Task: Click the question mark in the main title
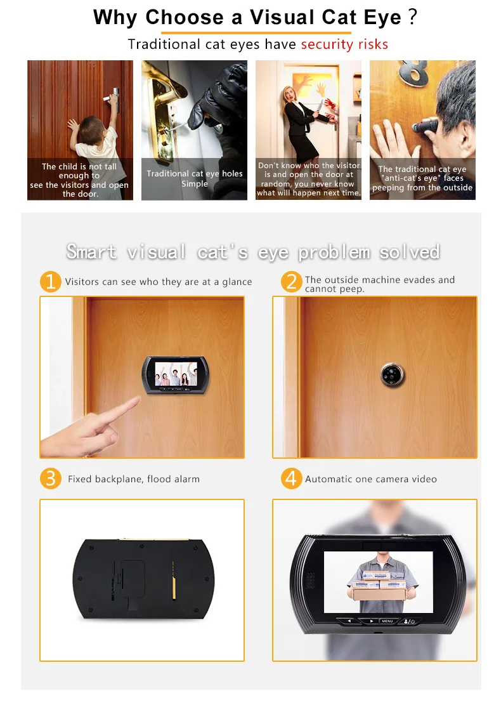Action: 413,16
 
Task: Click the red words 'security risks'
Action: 344,44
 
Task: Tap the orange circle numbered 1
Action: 50,282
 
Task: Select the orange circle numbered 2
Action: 292,282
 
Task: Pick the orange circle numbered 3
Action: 50,478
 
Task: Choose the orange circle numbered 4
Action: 292,478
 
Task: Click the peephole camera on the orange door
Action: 393,374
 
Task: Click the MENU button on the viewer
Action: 387,621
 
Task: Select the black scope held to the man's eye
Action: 426,124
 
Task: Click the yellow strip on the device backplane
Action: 174,580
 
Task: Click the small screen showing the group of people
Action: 176,373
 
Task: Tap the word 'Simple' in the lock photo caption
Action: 195,183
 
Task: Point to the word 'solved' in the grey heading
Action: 409,252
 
